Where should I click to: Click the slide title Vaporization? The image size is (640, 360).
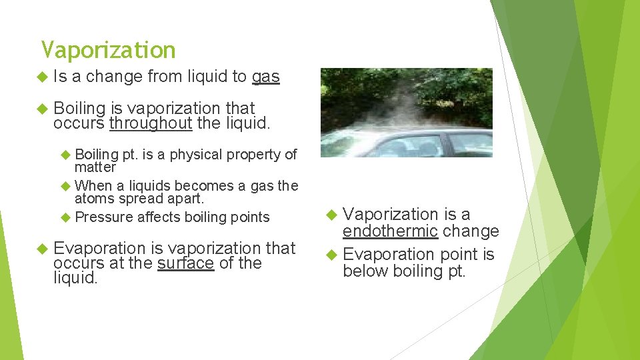pos(108,50)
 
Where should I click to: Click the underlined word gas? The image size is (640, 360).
pos(265,77)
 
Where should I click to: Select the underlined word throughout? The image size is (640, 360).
pos(151,123)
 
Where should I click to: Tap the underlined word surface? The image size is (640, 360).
pos(185,263)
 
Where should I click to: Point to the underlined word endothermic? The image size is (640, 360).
pos(390,231)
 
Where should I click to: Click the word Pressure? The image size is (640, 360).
pos(105,217)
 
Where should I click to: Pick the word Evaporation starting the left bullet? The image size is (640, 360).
pos(99,248)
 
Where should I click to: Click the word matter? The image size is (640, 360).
pos(95,167)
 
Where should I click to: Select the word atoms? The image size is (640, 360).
pos(93,199)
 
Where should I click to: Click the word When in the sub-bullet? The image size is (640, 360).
pos(94,186)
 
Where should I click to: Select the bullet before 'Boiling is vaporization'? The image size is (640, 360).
pos(42,108)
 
